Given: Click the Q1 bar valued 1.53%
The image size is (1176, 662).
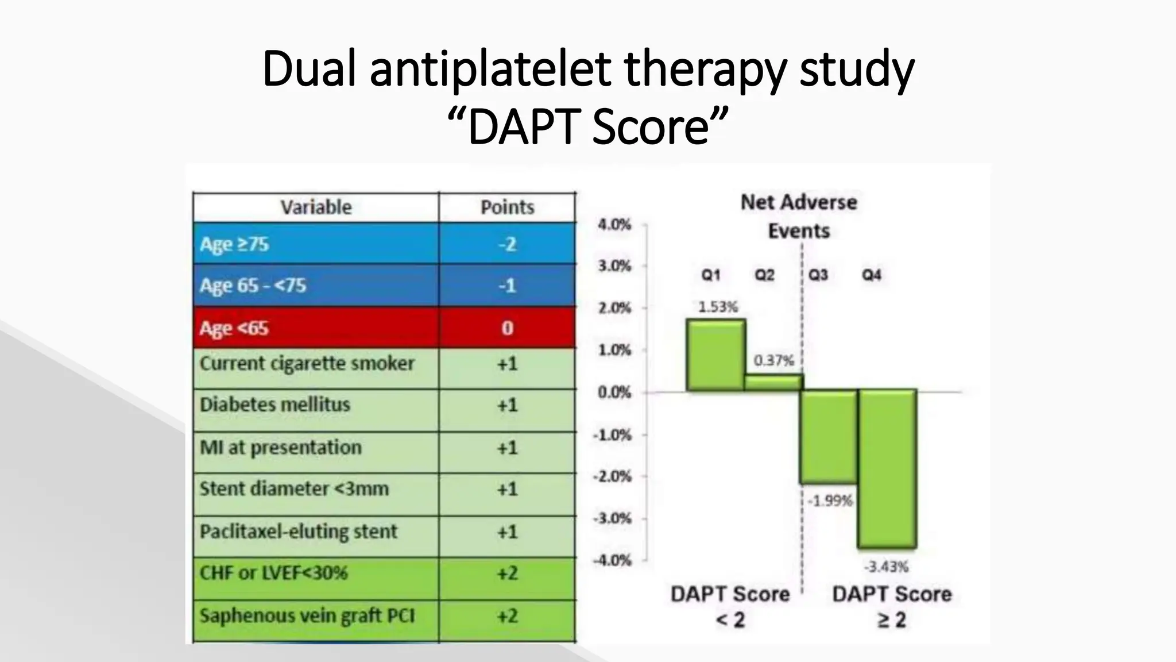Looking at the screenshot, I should [x=715, y=355].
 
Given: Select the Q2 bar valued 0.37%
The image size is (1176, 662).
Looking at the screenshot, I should [x=773, y=383].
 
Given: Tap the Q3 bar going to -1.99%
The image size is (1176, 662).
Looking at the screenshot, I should [x=828, y=437].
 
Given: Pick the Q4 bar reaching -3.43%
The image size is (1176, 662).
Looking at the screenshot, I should [x=887, y=468].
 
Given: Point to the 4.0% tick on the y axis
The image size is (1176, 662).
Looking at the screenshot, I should [x=614, y=224].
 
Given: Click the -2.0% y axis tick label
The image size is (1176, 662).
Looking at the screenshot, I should [x=612, y=476].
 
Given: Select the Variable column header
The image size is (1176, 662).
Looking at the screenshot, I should [x=316, y=207].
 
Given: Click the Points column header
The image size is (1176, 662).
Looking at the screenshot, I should [x=507, y=207].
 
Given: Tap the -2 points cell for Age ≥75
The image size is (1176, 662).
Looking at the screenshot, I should [x=507, y=244].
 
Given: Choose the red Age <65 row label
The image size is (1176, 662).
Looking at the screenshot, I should [x=234, y=328].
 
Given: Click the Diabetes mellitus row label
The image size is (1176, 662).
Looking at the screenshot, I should [x=274, y=405].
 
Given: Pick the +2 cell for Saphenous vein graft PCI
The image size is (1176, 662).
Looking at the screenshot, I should [x=507, y=616].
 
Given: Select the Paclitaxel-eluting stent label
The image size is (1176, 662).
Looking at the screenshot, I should [x=298, y=532].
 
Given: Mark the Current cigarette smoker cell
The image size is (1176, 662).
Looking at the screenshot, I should [x=307, y=364].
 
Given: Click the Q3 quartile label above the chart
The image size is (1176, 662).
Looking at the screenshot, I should [x=818, y=275].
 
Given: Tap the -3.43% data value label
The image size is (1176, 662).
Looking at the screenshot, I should [x=887, y=567].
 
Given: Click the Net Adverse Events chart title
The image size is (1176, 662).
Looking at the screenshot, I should [x=799, y=216].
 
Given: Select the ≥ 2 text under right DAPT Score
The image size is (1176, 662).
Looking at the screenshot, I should [x=891, y=620].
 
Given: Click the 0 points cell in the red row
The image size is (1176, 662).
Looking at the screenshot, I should [x=507, y=328].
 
